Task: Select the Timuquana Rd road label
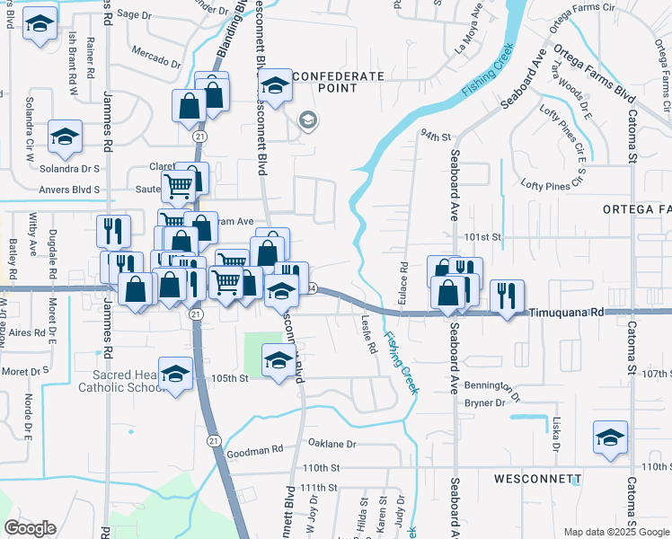[x=563, y=312]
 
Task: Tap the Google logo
[x=30, y=528]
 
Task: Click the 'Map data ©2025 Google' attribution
[x=615, y=532]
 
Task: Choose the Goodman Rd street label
[x=259, y=448]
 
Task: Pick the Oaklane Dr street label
[x=332, y=443]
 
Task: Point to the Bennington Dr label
[x=492, y=388]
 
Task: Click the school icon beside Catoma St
[x=610, y=437]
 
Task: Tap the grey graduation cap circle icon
[x=308, y=121]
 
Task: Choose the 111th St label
[x=320, y=487]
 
